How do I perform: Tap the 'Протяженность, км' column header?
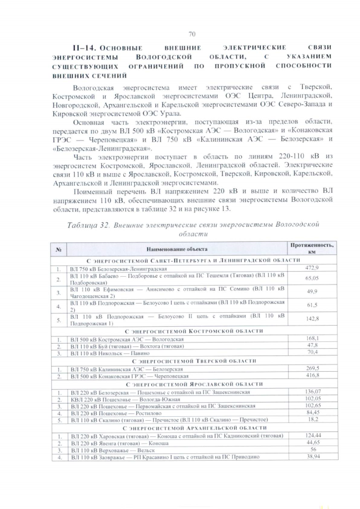coord(312,248)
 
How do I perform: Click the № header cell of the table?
coord(59,248)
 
